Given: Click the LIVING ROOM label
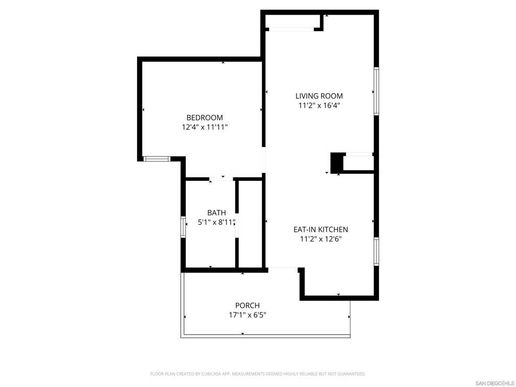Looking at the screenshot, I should pyautogui.click(x=319, y=96).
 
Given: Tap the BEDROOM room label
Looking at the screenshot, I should pyautogui.click(x=205, y=117).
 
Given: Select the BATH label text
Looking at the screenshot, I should pyautogui.click(x=217, y=213).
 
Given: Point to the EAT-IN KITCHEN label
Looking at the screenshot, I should pyautogui.click(x=320, y=229).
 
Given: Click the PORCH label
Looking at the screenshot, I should pyautogui.click(x=247, y=305).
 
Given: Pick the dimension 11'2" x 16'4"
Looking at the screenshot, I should pyautogui.click(x=319, y=106).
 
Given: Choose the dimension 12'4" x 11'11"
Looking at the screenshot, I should pyautogui.click(x=205, y=127).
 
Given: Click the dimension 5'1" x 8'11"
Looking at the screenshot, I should pyautogui.click(x=217, y=222).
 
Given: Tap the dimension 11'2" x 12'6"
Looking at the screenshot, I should pyautogui.click(x=320, y=239).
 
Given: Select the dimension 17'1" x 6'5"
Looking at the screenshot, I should pyautogui.click(x=247, y=315).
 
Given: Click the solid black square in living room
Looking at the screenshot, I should pyautogui.click(x=336, y=162).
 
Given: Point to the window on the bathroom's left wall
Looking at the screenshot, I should pyautogui.click(x=183, y=226).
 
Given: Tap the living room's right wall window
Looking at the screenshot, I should pyautogui.click(x=376, y=91).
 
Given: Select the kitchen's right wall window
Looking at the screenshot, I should pyautogui.click(x=376, y=251).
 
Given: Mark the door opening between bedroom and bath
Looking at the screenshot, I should pyautogui.click(x=221, y=178).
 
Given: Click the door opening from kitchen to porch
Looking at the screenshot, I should pyautogui.click(x=283, y=269).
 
